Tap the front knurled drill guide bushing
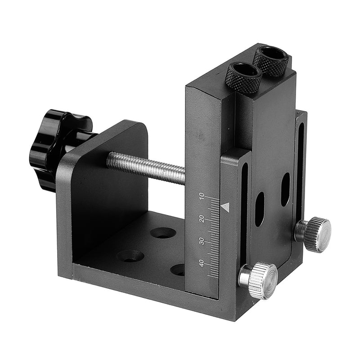(243, 77)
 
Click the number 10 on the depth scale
(201, 196)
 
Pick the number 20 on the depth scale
(201, 219)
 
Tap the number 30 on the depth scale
(201, 241)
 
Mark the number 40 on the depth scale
(201, 263)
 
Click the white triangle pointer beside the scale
(225, 207)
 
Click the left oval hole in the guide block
(259, 209)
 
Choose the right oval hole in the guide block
(285, 189)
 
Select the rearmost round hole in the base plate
(163, 233)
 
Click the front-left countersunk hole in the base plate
(130, 256)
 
